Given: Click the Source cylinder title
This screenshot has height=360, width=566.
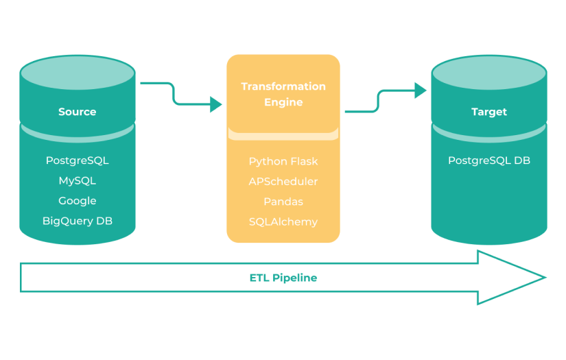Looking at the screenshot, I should pyautogui.click(x=77, y=112).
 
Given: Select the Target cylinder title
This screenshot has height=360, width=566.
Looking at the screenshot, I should pyautogui.click(x=488, y=112).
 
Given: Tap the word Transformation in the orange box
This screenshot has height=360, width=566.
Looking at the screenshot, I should pyautogui.click(x=283, y=86).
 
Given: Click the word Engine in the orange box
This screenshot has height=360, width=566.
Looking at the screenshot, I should pyautogui.click(x=283, y=102).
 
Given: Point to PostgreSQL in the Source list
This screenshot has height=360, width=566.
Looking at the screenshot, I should pyautogui.click(x=77, y=161).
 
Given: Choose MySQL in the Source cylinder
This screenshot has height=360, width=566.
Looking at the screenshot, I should pyautogui.click(x=77, y=181).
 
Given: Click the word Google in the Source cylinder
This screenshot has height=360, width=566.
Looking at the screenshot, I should pyautogui.click(x=77, y=201).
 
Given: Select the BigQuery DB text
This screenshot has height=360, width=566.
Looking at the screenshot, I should pyautogui.click(x=77, y=221).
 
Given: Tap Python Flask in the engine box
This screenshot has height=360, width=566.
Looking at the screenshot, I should pyautogui.click(x=283, y=162).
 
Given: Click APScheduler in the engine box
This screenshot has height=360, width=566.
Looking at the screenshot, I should pyautogui.click(x=283, y=182).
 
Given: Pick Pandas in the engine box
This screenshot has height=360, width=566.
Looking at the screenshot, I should pyautogui.click(x=283, y=202).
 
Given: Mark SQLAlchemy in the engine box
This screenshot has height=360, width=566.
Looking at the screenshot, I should pyautogui.click(x=283, y=221).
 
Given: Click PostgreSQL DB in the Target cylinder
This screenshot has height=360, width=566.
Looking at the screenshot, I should pyautogui.click(x=488, y=161).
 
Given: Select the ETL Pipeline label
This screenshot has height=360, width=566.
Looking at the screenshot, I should pyautogui.click(x=283, y=278).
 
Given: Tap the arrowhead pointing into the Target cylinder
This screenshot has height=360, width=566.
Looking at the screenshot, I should pyautogui.click(x=421, y=90).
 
